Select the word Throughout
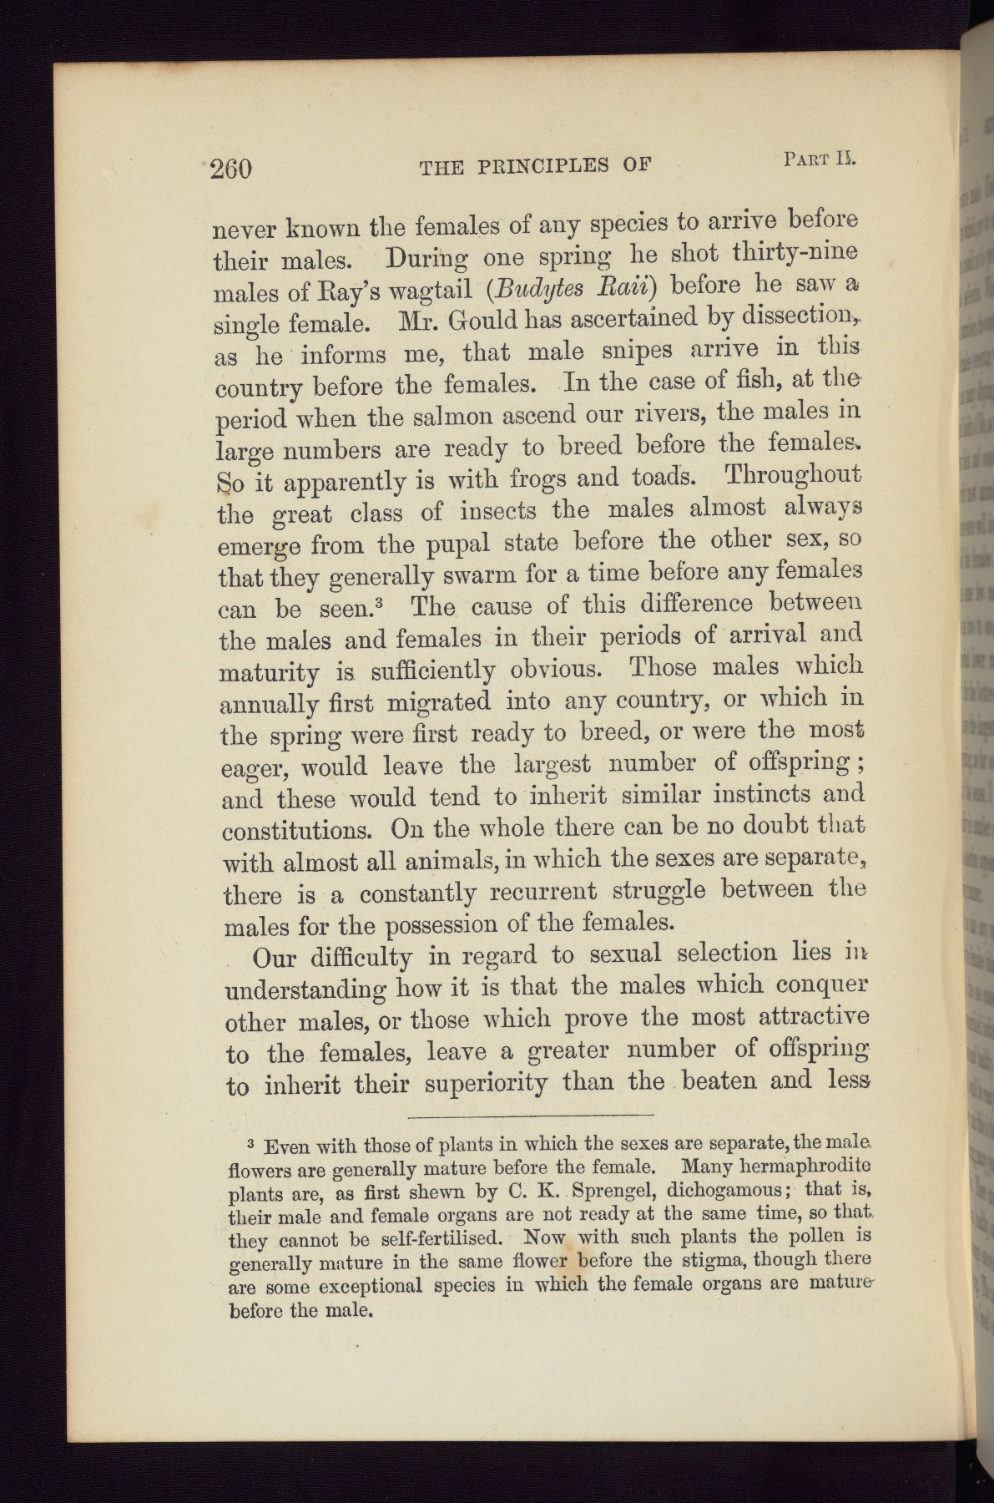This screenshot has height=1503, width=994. pos(793,473)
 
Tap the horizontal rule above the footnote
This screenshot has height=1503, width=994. pos(532,1115)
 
